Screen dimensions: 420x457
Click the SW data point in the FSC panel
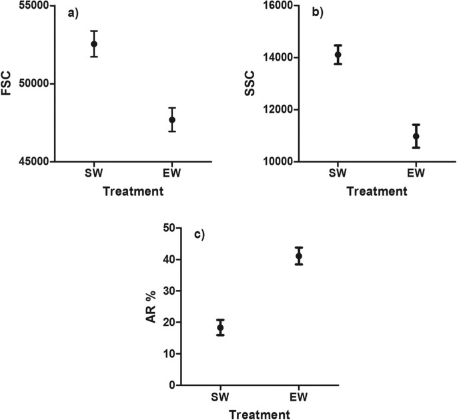click(x=94, y=44)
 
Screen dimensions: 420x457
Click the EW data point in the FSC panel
click(x=172, y=120)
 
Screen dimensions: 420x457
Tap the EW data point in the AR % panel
click(x=299, y=256)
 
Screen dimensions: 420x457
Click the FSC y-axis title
click(x=7, y=85)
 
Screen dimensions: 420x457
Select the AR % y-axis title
click(x=153, y=307)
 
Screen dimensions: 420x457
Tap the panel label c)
click(x=198, y=235)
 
